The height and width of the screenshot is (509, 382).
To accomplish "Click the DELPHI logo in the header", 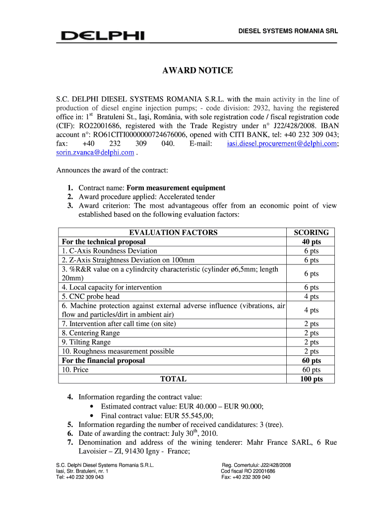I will tap(102, 36).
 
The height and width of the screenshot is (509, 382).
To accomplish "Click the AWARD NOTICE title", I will tap(197, 71).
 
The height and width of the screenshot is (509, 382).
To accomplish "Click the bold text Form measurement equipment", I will tap(176, 188).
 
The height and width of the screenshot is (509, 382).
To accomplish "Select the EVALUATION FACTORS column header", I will tap(173, 232).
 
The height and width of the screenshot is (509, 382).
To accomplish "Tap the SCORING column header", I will tap(311, 232).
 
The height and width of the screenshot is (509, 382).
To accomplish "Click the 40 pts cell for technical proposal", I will tap(311, 242).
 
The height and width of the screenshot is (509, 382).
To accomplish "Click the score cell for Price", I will tap(311, 370).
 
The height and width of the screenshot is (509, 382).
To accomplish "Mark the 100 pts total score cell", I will tap(311, 379).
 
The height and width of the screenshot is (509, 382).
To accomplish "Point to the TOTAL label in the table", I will tap(173, 379).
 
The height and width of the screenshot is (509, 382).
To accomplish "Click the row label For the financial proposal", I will tap(103, 360).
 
